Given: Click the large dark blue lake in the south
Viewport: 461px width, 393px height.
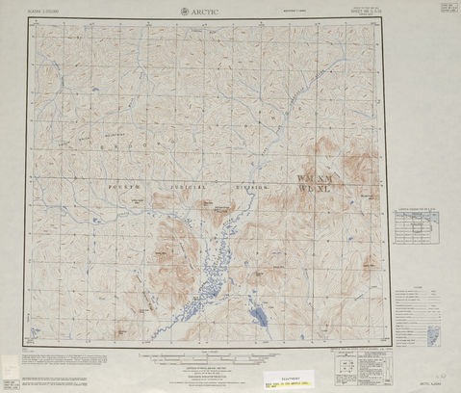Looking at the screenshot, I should (x=257, y=314).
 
